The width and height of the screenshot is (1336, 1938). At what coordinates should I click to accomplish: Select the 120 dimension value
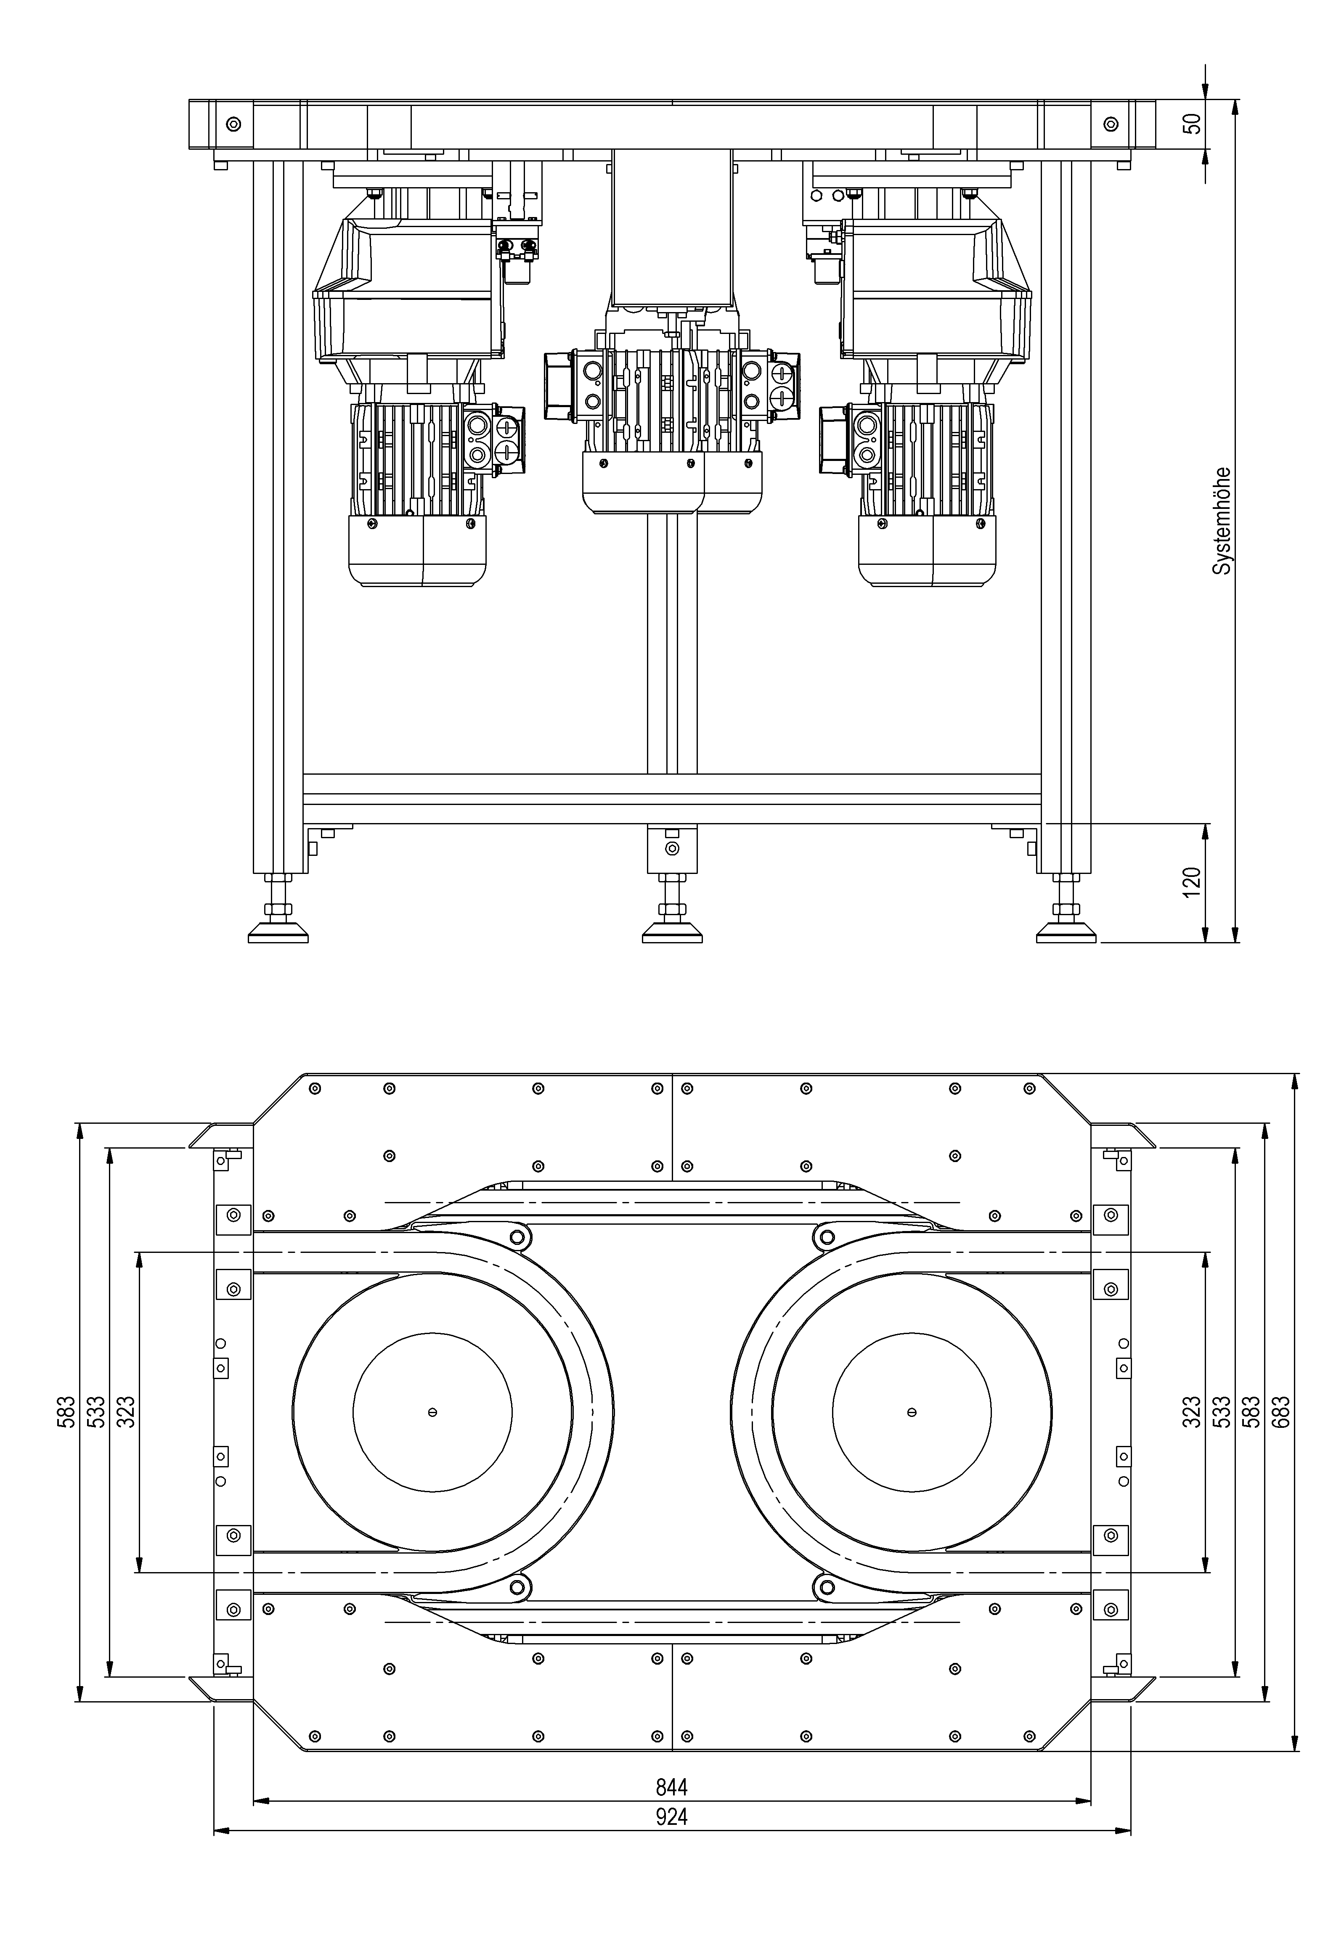1191,882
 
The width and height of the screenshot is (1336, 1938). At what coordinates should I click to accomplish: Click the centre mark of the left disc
432,1413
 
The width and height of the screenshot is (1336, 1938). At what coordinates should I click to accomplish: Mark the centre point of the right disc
912,1413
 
